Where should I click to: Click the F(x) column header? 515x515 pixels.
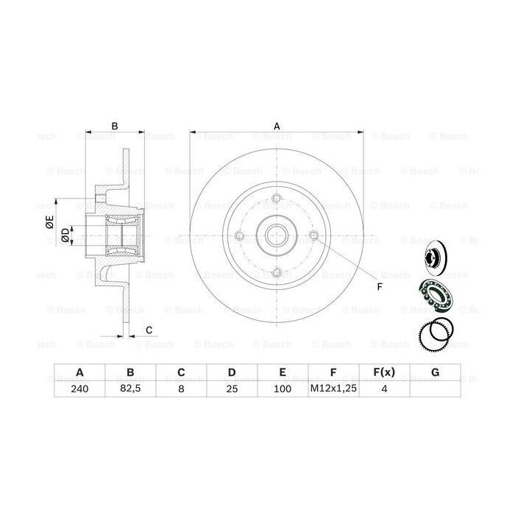click(x=384, y=372)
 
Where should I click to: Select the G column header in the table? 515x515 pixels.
click(x=435, y=372)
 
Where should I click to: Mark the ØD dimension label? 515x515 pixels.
click(x=65, y=235)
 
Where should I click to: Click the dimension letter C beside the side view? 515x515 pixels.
click(x=148, y=330)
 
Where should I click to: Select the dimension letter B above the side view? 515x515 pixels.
click(x=114, y=127)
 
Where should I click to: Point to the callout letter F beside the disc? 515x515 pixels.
click(x=380, y=285)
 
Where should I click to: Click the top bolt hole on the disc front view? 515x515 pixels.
click(x=276, y=199)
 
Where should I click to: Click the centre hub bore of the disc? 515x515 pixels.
click(x=276, y=236)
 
